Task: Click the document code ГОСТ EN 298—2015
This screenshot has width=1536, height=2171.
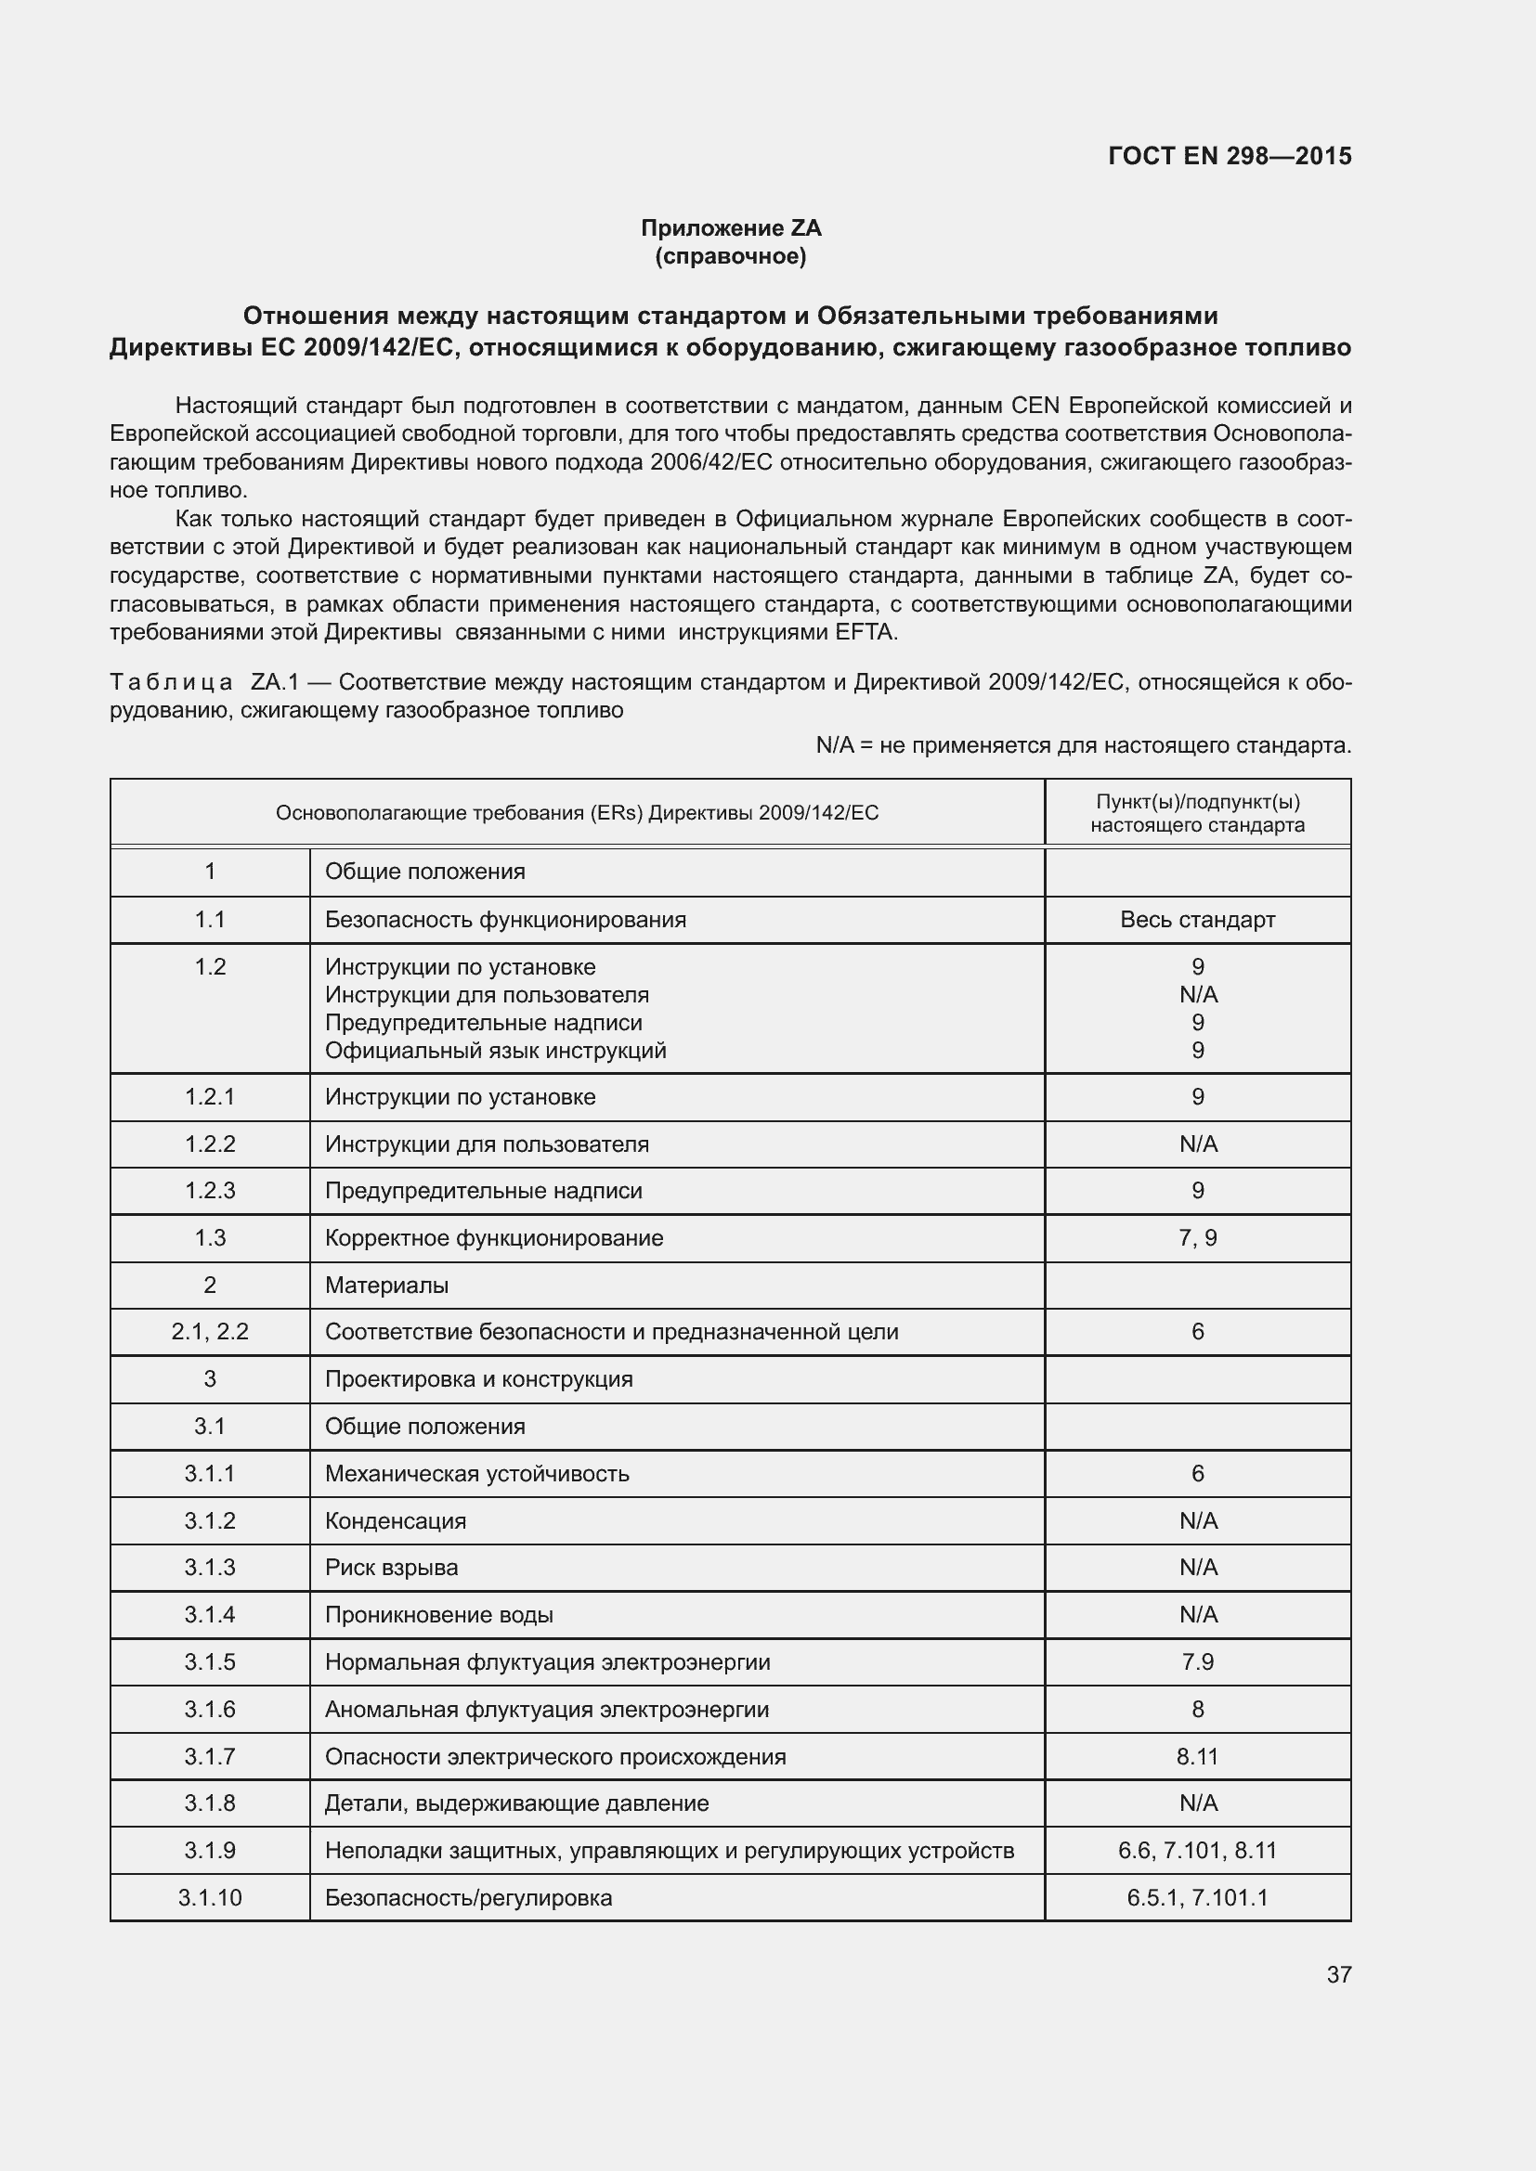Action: coord(1229,156)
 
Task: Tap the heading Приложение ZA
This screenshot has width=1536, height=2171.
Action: coord(730,228)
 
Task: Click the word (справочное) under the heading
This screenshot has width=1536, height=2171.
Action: coord(730,256)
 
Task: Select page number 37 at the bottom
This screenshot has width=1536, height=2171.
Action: coord(1338,1974)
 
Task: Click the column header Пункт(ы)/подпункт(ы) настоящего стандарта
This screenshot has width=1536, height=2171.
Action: coord(1196,813)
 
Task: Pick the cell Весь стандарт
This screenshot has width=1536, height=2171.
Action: coord(1196,919)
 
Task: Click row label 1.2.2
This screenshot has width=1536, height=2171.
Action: coord(210,1144)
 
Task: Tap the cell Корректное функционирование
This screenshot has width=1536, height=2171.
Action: coord(494,1238)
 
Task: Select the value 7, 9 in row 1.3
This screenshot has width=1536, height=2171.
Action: coord(1196,1238)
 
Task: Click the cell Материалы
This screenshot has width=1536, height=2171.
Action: coord(387,1285)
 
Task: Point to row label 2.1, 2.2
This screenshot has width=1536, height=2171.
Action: coord(210,1331)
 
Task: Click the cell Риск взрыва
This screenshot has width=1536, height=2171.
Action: coord(392,1568)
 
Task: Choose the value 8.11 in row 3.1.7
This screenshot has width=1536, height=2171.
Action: coord(1196,1757)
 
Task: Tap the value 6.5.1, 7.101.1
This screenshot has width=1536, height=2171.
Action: coord(1196,1898)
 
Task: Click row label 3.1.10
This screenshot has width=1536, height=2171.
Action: coord(210,1898)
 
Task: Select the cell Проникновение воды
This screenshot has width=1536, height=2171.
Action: coord(439,1615)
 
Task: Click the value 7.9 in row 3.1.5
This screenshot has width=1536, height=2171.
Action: coord(1196,1662)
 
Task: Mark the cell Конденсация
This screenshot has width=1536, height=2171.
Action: coord(396,1520)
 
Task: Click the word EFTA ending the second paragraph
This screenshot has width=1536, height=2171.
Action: coord(865,633)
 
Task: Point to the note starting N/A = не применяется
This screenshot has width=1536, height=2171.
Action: coord(1083,745)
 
